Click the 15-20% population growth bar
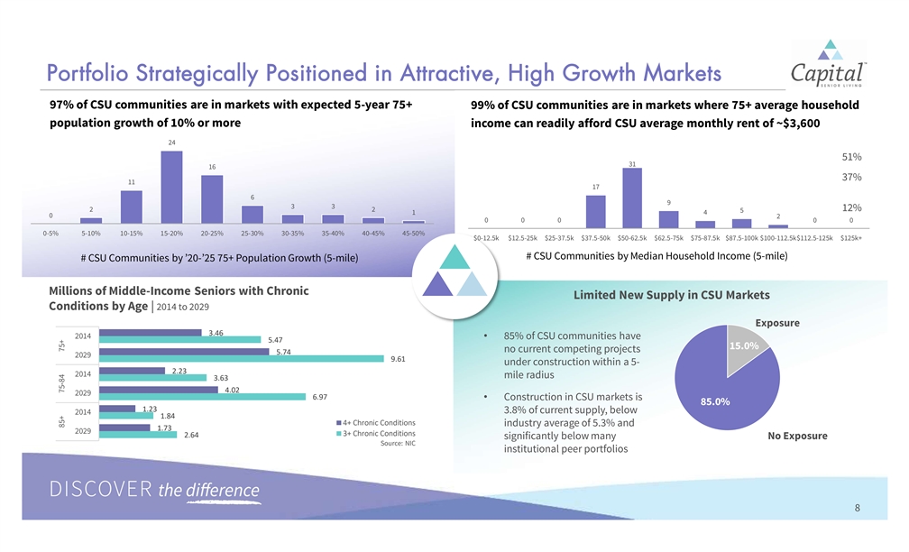(x=171, y=187)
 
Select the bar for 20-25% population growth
(x=212, y=198)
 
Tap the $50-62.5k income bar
(x=632, y=198)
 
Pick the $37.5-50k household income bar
(x=595, y=212)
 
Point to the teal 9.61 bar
(x=241, y=359)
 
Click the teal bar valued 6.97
(x=202, y=397)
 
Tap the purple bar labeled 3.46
(x=151, y=332)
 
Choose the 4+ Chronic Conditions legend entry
(x=376, y=423)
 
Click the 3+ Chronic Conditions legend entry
(x=376, y=433)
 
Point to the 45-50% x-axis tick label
(x=413, y=233)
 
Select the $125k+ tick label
(x=851, y=238)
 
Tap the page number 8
(x=858, y=508)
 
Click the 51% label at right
(x=851, y=157)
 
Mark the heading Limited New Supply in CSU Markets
(x=671, y=295)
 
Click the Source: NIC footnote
(x=398, y=443)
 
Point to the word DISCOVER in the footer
(x=101, y=489)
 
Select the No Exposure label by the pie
(x=797, y=436)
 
